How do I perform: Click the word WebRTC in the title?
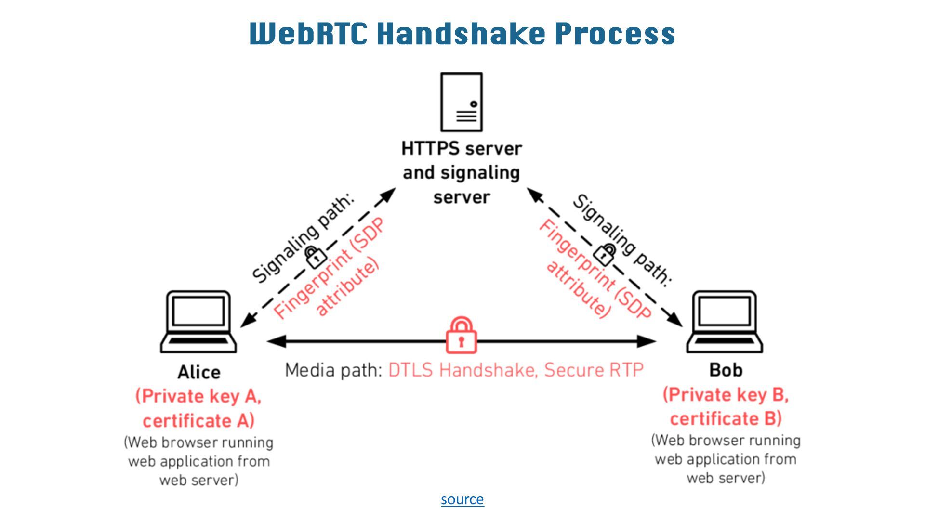tap(309, 33)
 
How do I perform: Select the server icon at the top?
tap(462, 102)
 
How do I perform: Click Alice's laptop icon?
tap(198, 321)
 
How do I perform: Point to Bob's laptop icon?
tap(725, 321)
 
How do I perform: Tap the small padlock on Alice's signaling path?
tap(316, 257)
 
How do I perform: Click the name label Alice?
tap(199, 372)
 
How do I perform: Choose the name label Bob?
tap(726, 370)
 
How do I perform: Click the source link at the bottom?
tap(462, 499)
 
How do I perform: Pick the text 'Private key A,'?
tap(198, 396)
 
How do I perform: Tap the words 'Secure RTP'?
tap(594, 370)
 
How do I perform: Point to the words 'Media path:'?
tap(333, 370)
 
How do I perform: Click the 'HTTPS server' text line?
tap(462, 148)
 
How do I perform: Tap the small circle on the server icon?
tap(474, 104)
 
